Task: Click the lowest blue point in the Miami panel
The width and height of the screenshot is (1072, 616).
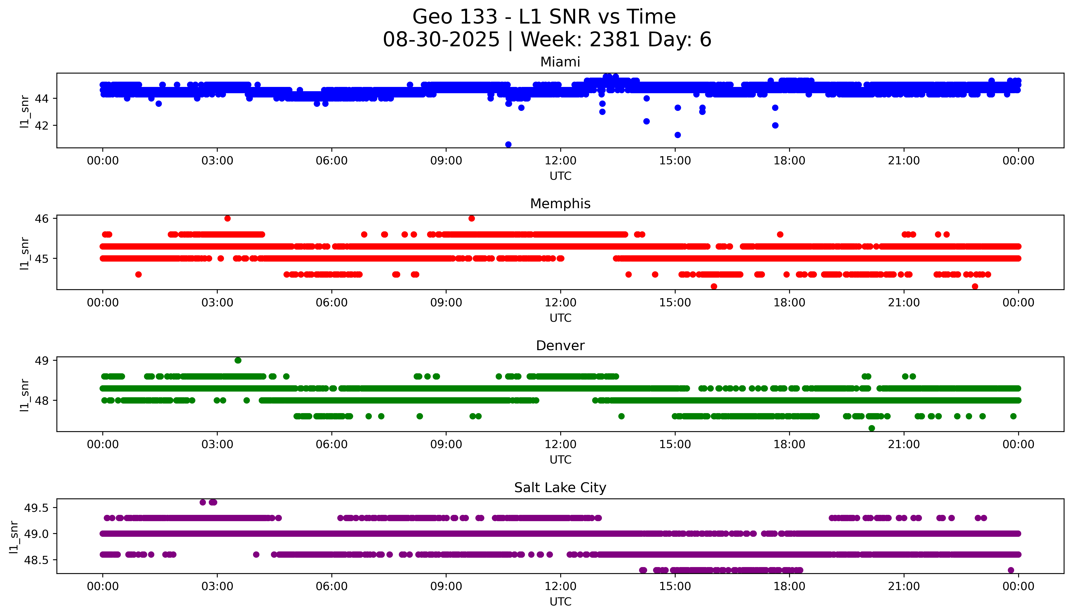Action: click(508, 144)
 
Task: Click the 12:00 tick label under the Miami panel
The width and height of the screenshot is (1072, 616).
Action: click(560, 161)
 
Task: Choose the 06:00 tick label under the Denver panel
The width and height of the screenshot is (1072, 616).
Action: click(332, 445)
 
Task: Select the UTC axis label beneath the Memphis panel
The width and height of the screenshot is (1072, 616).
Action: click(560, 318)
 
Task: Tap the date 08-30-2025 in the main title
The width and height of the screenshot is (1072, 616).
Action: click(441, 40)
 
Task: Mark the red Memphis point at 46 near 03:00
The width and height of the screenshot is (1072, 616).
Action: click(227, 218)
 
